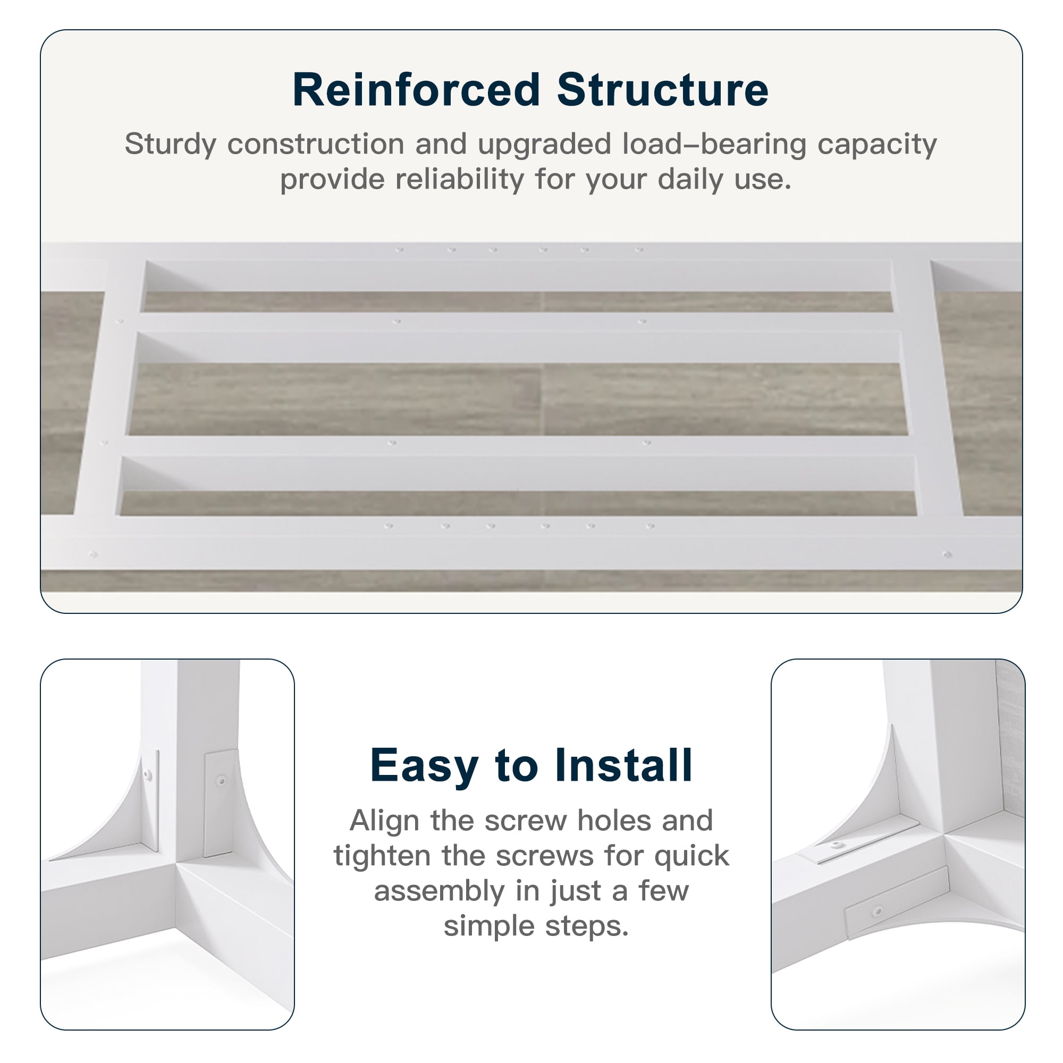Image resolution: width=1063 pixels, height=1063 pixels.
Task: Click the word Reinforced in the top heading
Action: [x=416, y=90]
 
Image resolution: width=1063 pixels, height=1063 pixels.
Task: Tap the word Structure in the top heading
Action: [x=662, y=90]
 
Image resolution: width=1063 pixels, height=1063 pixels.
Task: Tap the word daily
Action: [x=690, y=181]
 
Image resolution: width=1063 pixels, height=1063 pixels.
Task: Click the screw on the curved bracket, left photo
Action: [x=147, y=775]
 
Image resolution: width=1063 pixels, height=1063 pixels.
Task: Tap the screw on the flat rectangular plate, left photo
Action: [x=221, y=780]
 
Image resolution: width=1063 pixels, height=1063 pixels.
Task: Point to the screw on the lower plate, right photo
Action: [x=878, y=911]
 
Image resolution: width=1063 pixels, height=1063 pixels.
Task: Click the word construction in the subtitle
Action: [x=316, y=144]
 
